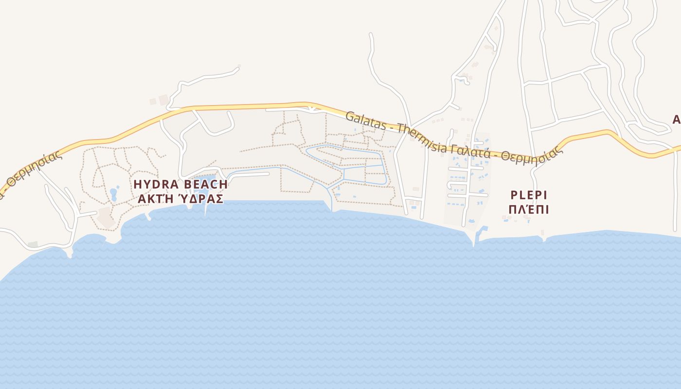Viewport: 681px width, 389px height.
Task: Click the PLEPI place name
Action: pyautogui.click(x=529, y=195)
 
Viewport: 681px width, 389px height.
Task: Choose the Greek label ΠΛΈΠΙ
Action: pyautogui.click(x=529, y=210)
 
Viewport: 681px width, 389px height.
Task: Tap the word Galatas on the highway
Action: pyautogui.click(x=364, y=122)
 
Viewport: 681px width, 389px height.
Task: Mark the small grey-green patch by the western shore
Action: pyautogui.click(x=33, y=244)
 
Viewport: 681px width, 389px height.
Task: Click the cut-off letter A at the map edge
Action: pyautogui.click(x=676, y=120)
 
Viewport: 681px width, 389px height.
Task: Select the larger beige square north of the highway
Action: pyautogui.click(x=163, y=100)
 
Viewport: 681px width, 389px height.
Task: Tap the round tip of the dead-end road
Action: pyautogui.click(x=237, y=69)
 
